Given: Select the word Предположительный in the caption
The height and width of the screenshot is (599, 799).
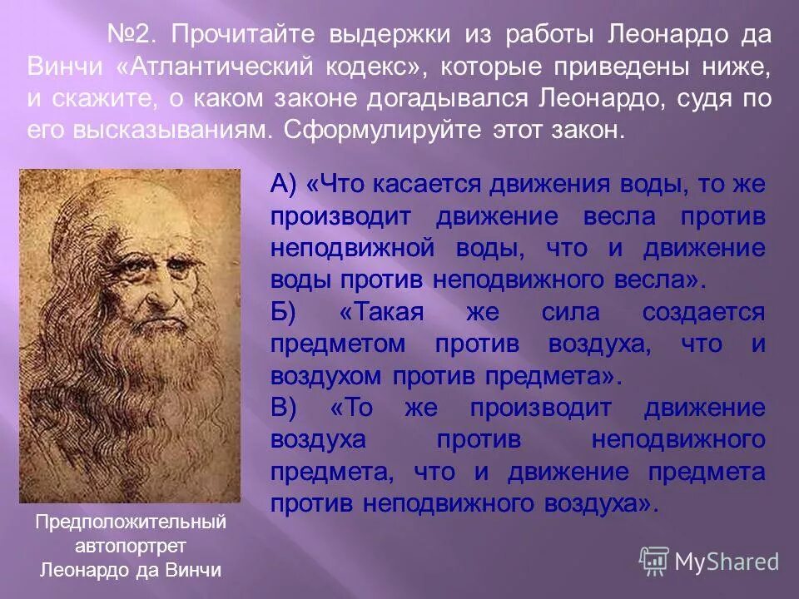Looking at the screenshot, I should pyautogui.click(x=131, y=523).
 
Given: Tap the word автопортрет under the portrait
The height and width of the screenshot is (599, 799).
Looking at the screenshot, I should pyautogui.click(x=131, y=547).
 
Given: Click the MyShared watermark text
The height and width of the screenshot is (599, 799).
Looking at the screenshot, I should pyautogui.click(x=727, y=562).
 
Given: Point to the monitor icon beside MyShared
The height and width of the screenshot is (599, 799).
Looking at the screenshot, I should pyautogui.click(x=654, y=562).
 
